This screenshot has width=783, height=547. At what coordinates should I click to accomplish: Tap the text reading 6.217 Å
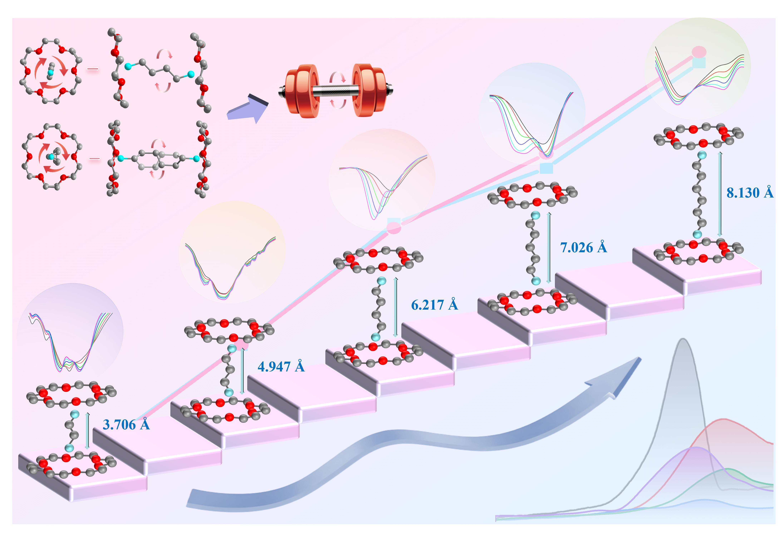434,305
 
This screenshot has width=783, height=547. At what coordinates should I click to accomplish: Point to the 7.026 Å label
583,247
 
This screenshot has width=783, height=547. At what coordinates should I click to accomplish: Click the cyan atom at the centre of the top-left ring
50,72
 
